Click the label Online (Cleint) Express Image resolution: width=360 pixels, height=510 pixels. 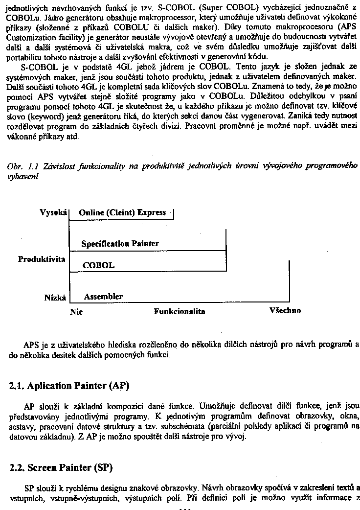tap(122, 212)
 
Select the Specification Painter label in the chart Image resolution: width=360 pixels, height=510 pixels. tap(120, 244)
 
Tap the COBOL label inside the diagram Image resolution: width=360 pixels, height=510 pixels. tap(98, 266)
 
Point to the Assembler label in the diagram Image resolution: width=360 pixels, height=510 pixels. tap(103, 297)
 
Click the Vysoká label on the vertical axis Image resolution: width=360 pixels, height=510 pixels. tap(53, 212)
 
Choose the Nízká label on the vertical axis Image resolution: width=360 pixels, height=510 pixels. tap(55, 297)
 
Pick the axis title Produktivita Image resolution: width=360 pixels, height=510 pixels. tap(42, 259)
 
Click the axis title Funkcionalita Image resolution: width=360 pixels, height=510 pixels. tap(180, 311)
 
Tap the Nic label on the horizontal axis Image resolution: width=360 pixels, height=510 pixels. tap(77, 311)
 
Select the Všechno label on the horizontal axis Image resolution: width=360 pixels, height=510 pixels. tap(285, 311)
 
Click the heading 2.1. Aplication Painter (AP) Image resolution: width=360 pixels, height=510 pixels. tap(69, 386)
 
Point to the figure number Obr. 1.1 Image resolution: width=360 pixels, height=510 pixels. tap(20, 166)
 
